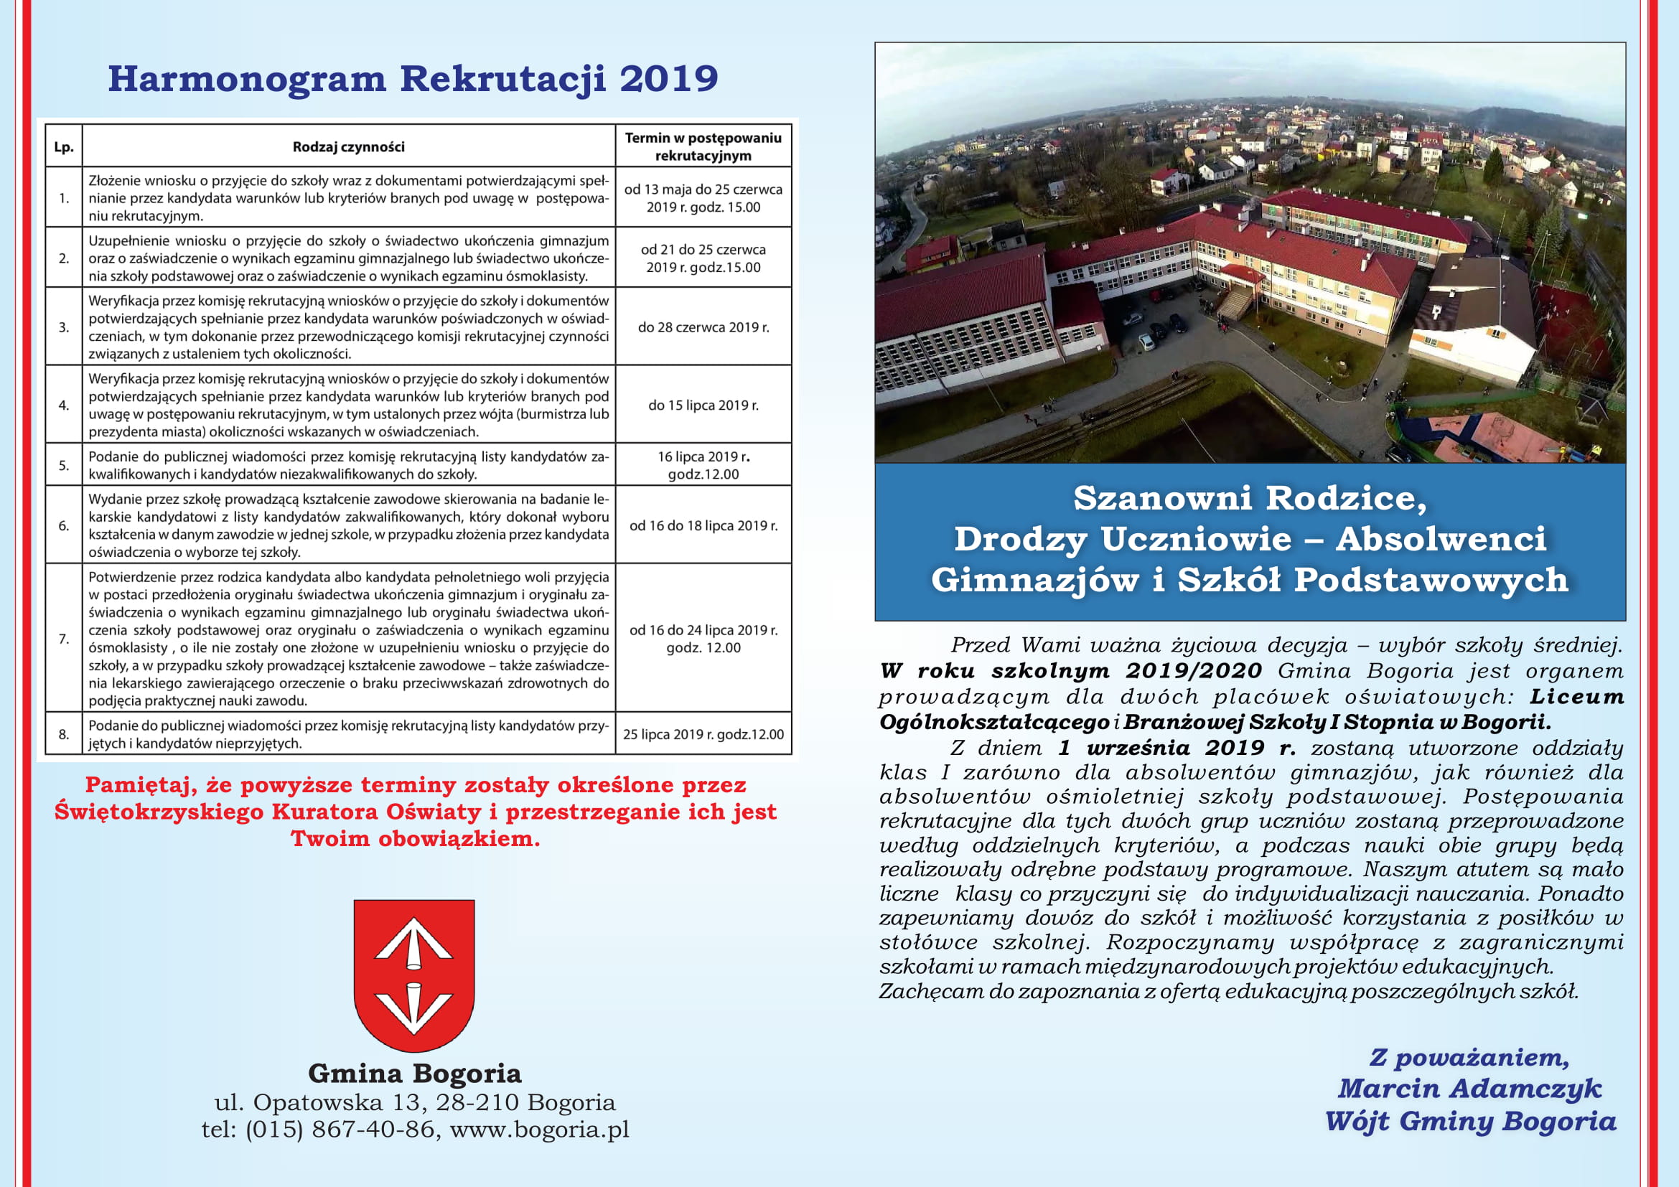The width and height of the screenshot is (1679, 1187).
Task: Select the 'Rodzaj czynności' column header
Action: tap(348, 147)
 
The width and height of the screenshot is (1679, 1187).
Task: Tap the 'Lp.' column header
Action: tap(64, 147)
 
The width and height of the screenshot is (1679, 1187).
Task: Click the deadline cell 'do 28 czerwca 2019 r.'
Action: tap(703, 327)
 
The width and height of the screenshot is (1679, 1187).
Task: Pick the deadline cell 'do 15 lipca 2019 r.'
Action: tap(703, 405)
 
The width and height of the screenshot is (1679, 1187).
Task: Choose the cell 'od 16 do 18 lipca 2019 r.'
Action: tap(703, 525)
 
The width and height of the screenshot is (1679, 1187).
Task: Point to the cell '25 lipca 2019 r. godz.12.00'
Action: tap(703, 734)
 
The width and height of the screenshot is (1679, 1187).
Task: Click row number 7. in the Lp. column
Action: tap(64, 639)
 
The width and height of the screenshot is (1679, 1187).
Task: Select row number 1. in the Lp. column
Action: tap(64, 198)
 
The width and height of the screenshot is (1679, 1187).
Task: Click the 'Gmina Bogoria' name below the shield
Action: tap(415, 1073)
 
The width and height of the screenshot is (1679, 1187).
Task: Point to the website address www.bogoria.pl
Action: tap(539, 1130)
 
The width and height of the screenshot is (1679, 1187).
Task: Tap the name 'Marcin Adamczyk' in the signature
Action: tap(1469, 1089)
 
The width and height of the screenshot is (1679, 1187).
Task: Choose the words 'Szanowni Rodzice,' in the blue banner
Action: tap(1250, 498)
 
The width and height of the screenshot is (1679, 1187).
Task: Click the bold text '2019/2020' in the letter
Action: tap(1194, 670)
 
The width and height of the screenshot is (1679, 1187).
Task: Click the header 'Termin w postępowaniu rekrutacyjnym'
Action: tap(703, 146)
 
